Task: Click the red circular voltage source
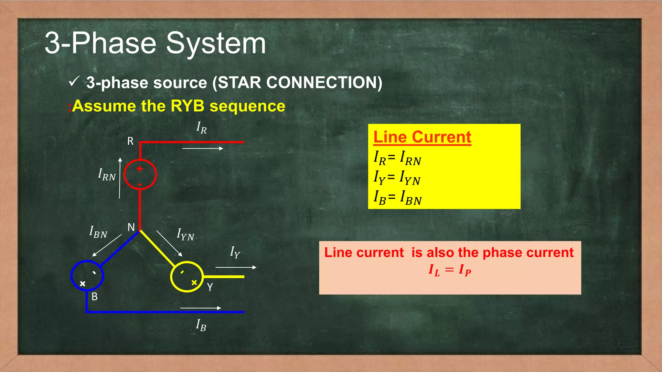pos(140,174)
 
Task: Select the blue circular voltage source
pos(87,275)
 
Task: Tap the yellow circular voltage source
pos(187,277)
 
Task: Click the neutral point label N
pos(131,227)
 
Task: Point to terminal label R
pos(130,141)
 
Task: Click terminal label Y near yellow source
pos(210,287)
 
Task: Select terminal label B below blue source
pos(94,296)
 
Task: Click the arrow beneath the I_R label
pos(203,149)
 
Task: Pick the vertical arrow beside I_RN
pos(120,178)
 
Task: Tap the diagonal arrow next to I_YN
pos(169,243)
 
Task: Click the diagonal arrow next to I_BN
pos(107,245)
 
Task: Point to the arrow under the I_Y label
pos(236,267)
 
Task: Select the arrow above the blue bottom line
pos(200,308)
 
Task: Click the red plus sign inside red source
pos(140,169)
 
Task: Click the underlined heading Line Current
pos(422,137)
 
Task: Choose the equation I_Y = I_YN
pos(397,178)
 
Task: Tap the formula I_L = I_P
pos(450,270)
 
